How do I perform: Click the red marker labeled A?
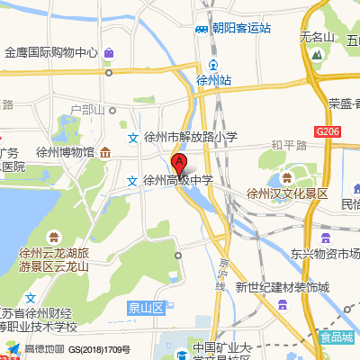(x=179, y=164)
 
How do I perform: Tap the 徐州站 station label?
(x=213, y=80)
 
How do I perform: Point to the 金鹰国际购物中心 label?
(x=50, y=51)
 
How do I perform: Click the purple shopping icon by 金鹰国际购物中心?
(x=109, y=52)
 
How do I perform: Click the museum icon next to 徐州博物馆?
(x=106, y=151)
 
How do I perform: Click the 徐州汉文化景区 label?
(x=288, y=193)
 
